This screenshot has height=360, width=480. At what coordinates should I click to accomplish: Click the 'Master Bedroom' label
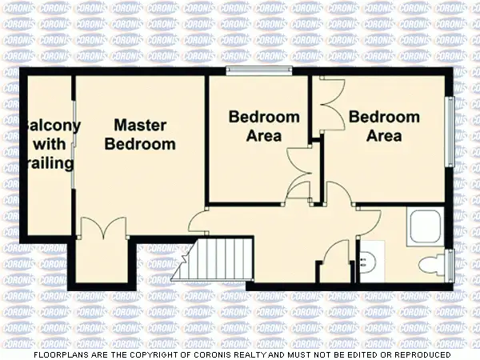click(x=140, y=134)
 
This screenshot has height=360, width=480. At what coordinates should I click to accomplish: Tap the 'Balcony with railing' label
click(x=50, y=145)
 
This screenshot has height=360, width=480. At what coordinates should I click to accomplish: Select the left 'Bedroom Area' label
click(x=264, y=126)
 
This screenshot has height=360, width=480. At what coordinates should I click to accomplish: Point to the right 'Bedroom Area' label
click(x=384, y=126)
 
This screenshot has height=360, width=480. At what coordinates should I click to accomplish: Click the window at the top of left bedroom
click(x=258, y=73)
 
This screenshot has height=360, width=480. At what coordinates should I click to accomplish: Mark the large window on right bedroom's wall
click(x=450, y=132)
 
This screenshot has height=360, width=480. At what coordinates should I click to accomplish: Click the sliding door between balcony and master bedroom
click(x=74, y=145)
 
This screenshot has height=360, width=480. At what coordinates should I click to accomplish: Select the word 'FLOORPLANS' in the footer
click(x=60, y=354)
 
